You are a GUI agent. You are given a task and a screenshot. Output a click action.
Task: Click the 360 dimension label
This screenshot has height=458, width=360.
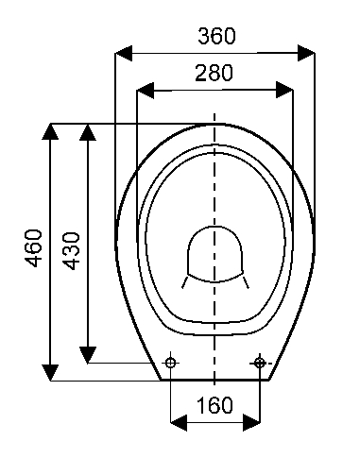pos(216,36)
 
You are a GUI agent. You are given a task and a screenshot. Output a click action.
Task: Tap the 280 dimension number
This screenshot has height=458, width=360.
pos(214,73)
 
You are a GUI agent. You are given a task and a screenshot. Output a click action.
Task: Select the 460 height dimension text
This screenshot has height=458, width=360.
pos(34,248)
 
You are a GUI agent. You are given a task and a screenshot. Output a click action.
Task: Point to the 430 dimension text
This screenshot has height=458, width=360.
pos(71,251)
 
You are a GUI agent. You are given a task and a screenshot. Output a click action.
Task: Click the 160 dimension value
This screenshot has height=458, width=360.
pos(214,405)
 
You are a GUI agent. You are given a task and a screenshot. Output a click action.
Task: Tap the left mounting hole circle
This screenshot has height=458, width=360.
pos(171,363)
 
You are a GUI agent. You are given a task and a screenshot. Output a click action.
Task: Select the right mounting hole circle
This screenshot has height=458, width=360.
pos(259,363)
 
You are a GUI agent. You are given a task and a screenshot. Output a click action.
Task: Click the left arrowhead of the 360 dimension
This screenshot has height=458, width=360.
pos(124,53)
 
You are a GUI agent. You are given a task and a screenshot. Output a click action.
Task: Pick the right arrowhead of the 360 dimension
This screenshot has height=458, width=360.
pos(306,53)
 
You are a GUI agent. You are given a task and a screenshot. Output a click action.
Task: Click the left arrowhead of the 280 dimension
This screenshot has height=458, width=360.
pos(146,91)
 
